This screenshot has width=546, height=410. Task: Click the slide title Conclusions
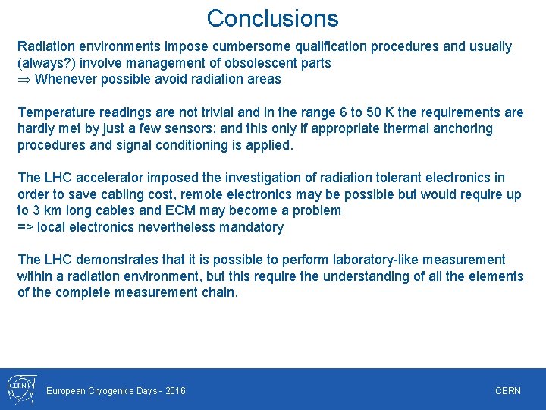click(x=272, y=18)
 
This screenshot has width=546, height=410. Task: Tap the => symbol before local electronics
click(x=26, y=227)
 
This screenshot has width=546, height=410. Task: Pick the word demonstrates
click(x=115, y=260)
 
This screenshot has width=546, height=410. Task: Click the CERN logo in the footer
click(x=20, y=388)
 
